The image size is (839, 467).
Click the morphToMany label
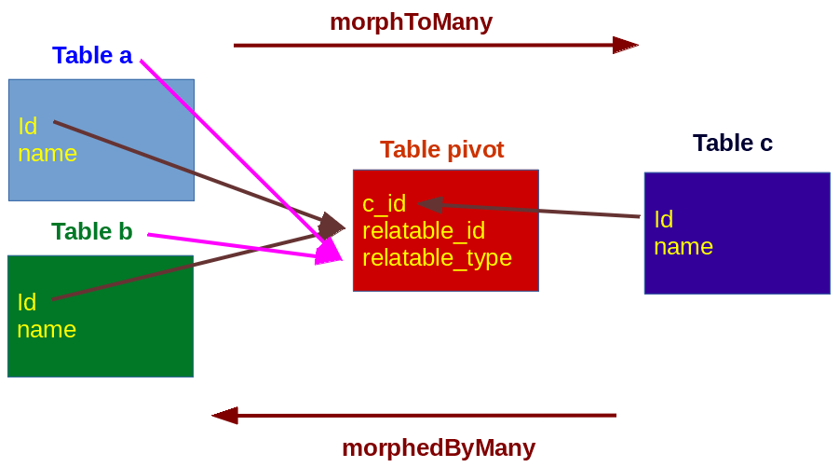click(x=411, y=21)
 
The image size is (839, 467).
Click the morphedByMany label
click(x=438, y=447)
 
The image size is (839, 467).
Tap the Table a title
click(x=92, y=55)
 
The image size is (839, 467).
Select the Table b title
click(x=91, y=231)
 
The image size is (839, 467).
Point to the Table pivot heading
click(x=441, y=149)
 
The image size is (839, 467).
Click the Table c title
click(x=732, y=143)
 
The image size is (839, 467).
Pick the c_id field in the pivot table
click(x=384, y=203)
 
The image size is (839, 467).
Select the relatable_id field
click(x=423, y=230)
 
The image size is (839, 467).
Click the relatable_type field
click(x=437, y=257)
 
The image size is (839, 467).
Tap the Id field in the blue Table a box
click(x=27, y=126)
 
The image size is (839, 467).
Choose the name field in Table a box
click(x=47, y=153)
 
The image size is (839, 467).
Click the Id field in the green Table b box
click(x=26, y=302)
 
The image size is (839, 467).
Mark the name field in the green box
click(x=47, y=329)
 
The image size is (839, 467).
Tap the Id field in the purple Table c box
click(x=663, y=219)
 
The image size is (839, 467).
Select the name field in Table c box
click(x=683, y=246)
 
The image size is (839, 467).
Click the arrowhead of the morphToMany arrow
click(x=625, y=45)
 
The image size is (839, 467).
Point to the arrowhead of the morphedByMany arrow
click(x=225, y=415)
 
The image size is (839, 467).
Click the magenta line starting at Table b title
click(x=233, y=246)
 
